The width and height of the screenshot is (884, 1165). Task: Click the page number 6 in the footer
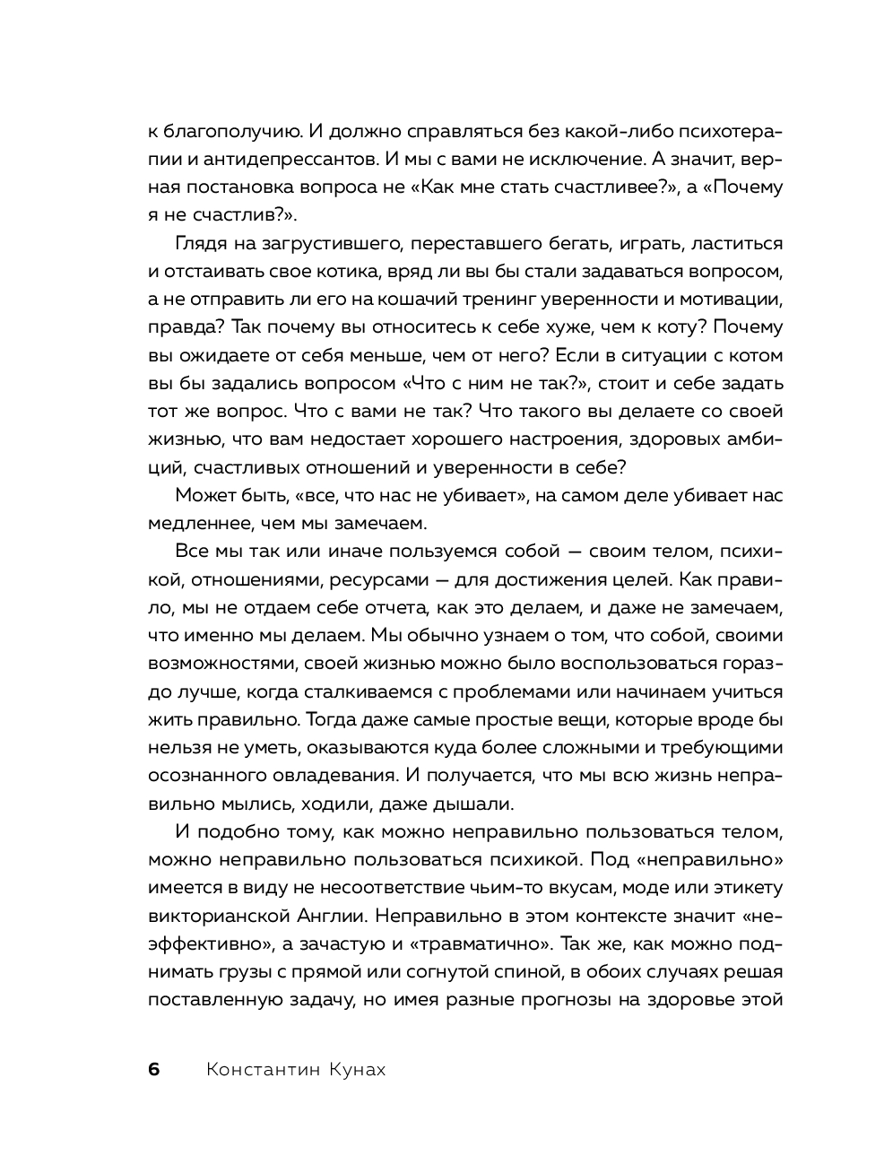pos(153,1070)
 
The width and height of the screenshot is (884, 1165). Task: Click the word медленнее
pos(195,522)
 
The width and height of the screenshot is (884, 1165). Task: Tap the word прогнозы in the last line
pos(559,999)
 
